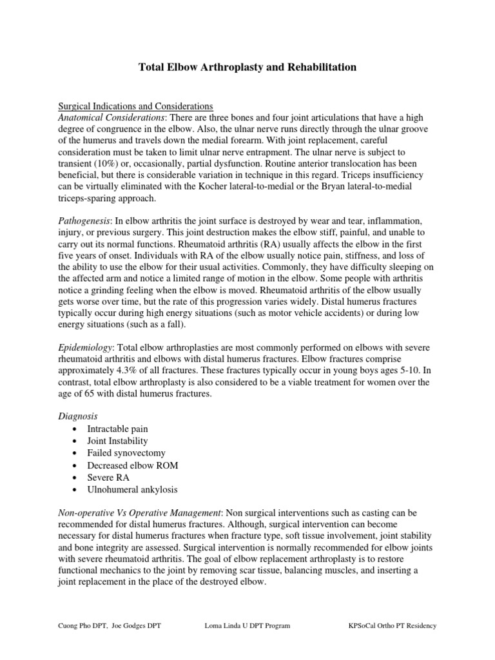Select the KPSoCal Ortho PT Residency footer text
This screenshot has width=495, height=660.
392,626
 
